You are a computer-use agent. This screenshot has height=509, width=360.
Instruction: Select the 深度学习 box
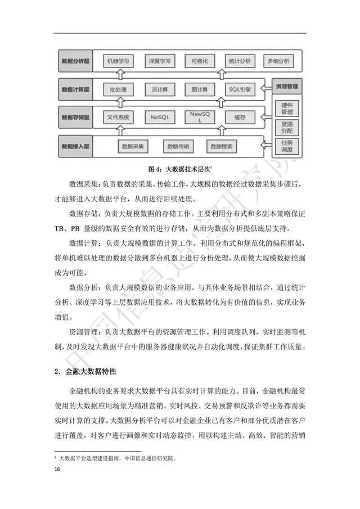coord(156,60)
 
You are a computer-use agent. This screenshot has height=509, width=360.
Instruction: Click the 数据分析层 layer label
coord(75,60)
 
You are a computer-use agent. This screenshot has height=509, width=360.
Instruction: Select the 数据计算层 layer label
coord(75,89)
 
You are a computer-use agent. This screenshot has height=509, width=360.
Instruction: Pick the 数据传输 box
coord(178,147)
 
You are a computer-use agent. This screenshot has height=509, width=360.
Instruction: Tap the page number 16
coord(56,470)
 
